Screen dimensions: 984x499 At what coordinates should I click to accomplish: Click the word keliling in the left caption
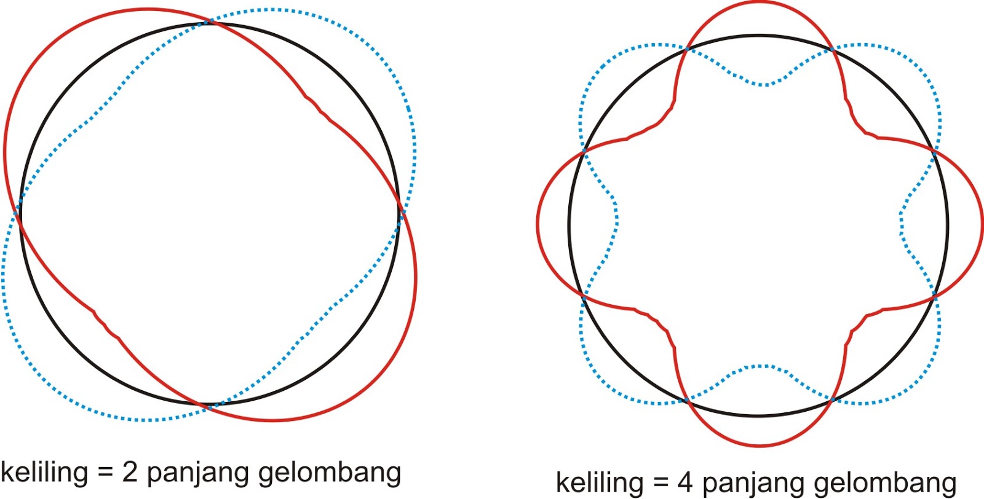point(44,472)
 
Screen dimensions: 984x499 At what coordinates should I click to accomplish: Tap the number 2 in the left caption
point(130,472)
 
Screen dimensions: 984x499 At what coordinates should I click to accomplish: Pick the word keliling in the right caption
point(600,482)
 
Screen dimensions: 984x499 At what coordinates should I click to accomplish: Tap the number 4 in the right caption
point(684,482)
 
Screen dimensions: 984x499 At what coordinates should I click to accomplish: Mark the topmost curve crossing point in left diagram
point(209,22)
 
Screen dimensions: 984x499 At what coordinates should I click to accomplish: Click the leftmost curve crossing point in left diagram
point(18,213)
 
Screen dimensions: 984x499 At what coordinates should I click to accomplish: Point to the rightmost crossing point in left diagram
point(400,212)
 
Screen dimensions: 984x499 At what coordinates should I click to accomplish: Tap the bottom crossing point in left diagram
point(207,406)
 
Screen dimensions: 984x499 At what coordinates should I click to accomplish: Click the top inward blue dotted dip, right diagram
point(763,84)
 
